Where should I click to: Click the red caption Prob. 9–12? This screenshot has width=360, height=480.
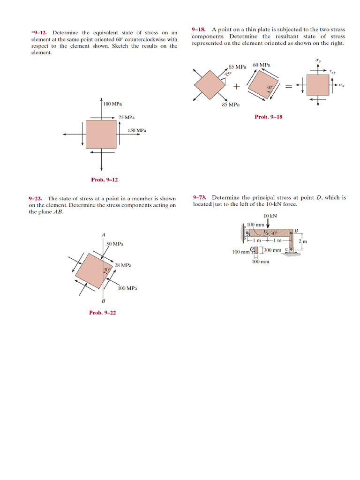point(104,180)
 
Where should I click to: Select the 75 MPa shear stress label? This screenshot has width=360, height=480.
point(127,117)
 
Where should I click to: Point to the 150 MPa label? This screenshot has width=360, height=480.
point(137,130)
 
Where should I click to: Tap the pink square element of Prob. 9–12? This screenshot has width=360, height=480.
point(101,134)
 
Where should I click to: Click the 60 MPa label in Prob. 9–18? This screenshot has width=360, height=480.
point(261,65)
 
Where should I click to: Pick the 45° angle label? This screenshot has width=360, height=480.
point(228,74)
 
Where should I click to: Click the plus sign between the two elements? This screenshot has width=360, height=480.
point(236,87)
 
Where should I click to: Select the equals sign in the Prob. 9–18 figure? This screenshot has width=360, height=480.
point(289,86)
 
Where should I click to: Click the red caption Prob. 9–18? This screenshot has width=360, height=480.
point(269,117)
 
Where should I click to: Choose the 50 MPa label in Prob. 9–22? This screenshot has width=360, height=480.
point(115,244)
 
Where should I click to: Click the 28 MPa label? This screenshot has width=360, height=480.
point(123,265)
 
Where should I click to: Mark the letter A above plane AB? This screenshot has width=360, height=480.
point(103,234)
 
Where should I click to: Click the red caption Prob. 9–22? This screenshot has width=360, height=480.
point(103,313)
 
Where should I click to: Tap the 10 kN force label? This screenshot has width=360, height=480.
point(270,216)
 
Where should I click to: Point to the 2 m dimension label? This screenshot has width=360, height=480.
point(302,241)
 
